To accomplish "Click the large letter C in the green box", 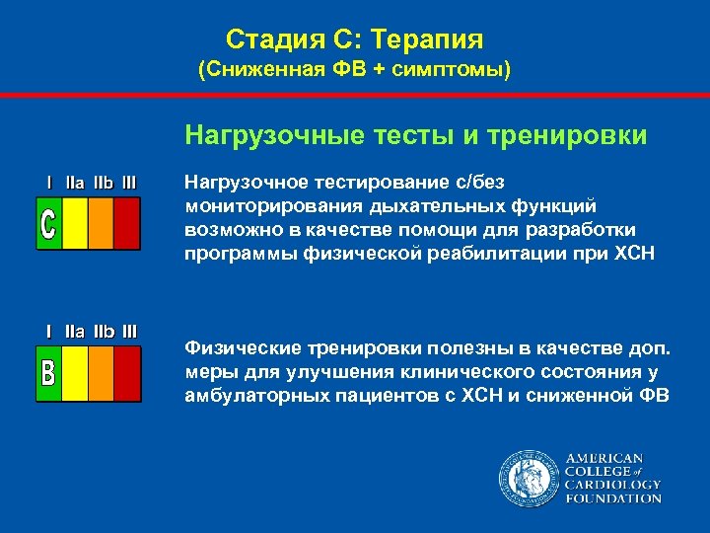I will click(48, 223).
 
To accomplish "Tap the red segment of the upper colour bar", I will click(126, 223).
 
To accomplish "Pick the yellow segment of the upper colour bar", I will click(75, 223).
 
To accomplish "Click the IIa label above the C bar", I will click(75, 183).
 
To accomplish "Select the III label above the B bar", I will click(129, 332).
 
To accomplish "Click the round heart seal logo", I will click(528, 479).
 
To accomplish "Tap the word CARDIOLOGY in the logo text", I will click(612, 485).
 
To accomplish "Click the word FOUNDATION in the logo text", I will click(612, 498).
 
